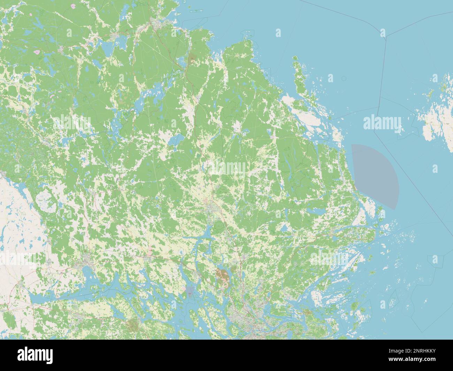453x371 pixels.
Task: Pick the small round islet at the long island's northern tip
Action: [x=295, y=58]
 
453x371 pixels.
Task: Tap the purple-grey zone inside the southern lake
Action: [x=190, y=290]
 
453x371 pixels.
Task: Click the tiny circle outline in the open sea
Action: [x=344, y=78]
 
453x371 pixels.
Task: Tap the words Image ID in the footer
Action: [x=412, y=351]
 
